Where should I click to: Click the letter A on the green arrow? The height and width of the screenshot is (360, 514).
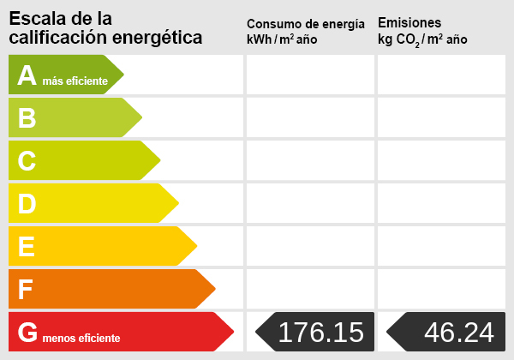(27, 75)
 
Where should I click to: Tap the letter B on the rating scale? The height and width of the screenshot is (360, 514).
(27, 118)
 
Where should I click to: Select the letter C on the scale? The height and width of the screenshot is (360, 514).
(27, 161)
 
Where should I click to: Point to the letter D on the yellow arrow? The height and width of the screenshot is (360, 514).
(27, 204)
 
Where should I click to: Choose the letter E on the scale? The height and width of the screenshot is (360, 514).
(27, 247)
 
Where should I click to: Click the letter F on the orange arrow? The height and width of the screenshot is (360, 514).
(27, 290)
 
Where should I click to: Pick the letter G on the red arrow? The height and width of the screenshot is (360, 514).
(27, 333)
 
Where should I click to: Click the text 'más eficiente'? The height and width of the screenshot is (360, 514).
(75, 81)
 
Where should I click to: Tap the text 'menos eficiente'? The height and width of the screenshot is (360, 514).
(81, 339)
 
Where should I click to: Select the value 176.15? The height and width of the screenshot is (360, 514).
(321, 332)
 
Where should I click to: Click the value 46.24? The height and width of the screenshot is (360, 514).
(459, 332)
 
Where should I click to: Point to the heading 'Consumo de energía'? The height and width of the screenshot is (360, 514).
(311, 23)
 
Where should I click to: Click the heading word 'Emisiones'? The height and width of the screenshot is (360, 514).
(409, 22)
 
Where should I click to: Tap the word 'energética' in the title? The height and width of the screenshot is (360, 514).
(158, 38)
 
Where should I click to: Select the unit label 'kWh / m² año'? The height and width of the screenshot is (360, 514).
(282, 40)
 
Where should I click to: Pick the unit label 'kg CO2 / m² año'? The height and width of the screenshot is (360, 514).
(422, 40)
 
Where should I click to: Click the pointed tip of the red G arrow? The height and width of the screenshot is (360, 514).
(233, 332)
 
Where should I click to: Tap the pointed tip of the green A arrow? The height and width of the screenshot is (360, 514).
(123, 75)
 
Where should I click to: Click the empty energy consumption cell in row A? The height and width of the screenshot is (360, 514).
(310, 75)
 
